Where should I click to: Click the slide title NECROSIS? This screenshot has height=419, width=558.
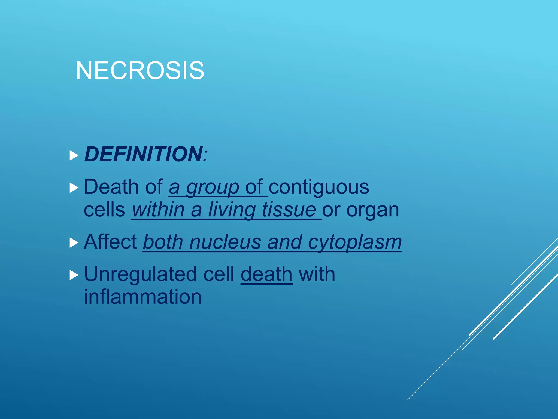pos(140,71)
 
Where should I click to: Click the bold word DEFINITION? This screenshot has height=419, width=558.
pos(143,154)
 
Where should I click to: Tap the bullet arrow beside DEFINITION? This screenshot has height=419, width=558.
pos(74,155)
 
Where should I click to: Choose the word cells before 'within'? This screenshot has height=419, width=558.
pos(104,210)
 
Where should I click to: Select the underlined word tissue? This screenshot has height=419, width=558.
pos(289,210)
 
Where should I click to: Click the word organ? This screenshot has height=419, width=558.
pos(373,211)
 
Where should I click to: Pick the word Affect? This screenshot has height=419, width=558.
pos(110,242)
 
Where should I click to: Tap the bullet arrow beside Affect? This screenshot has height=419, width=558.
pos(74,243)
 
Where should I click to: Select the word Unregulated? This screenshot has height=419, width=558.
pos(140,274)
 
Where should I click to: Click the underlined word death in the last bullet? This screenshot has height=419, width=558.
pos(266,274)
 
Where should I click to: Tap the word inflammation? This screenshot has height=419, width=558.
pos(142,297)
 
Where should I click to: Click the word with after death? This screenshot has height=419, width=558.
pos(317,274)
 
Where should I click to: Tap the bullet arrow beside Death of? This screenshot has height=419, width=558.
pos(74,188)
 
